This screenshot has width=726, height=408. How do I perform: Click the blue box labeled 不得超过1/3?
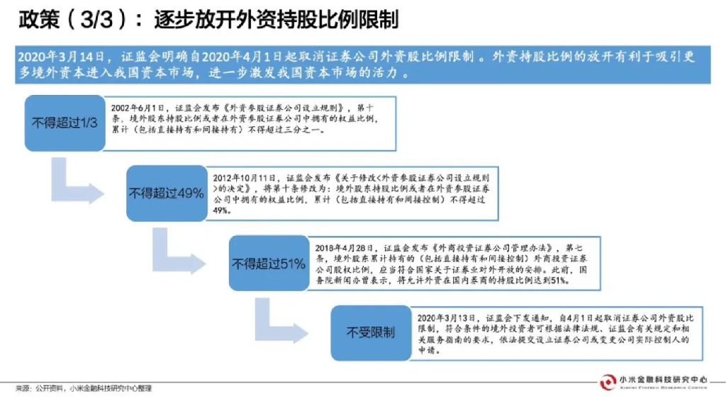[64, 122]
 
